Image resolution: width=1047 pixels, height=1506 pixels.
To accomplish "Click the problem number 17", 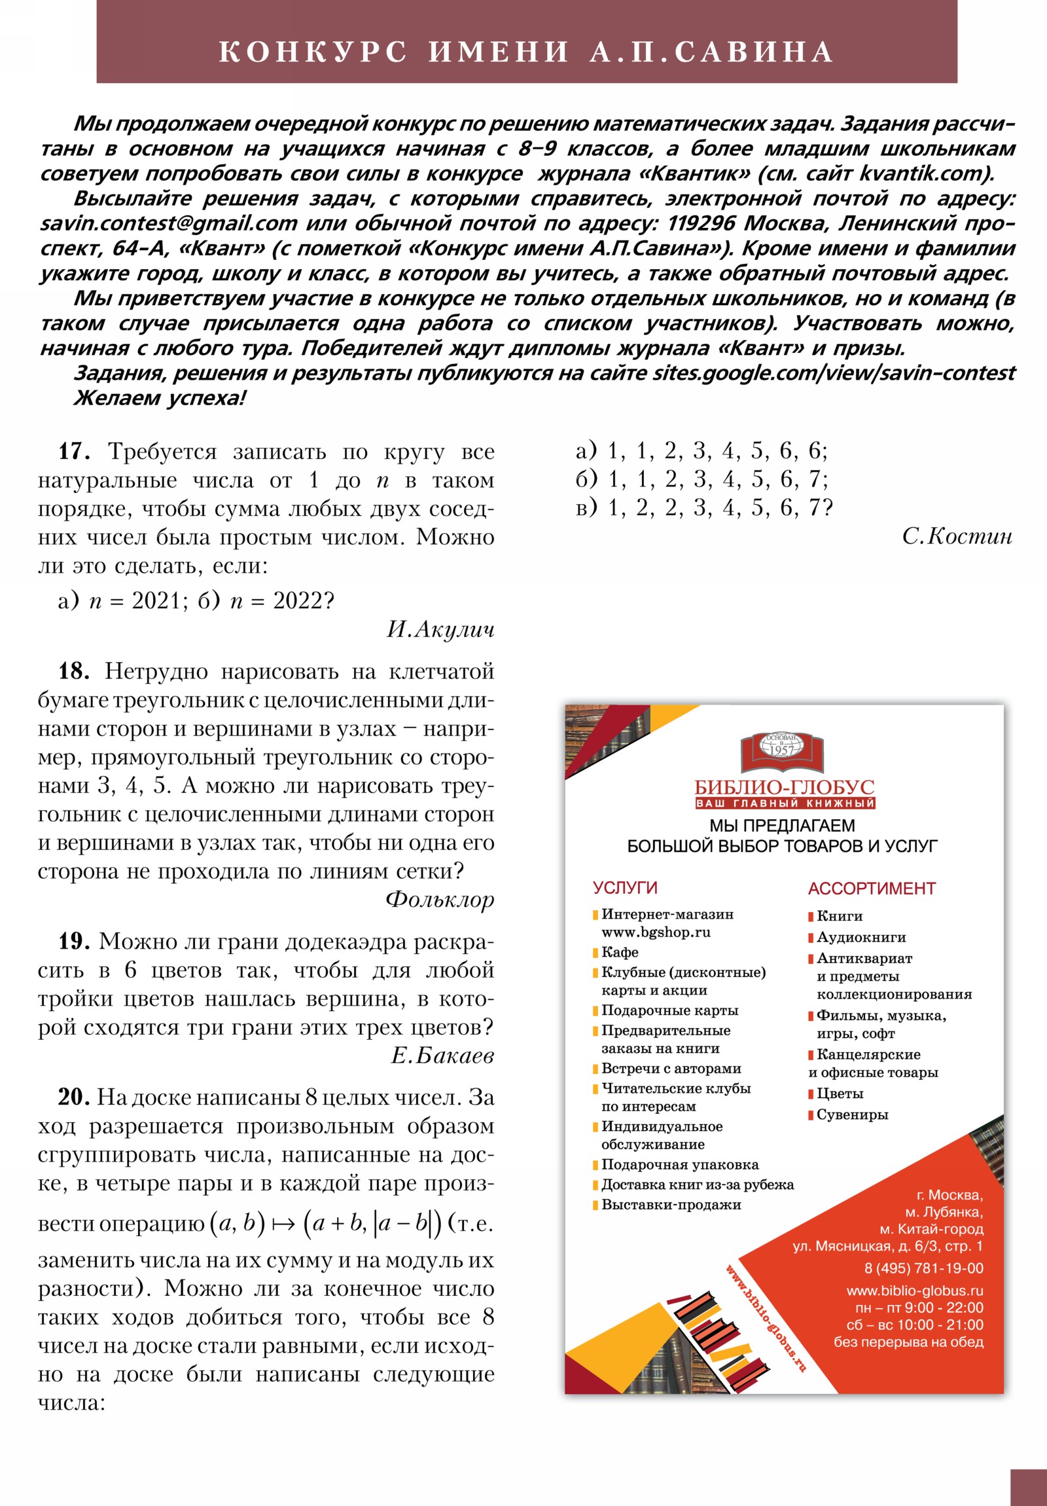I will (x=73, y=451).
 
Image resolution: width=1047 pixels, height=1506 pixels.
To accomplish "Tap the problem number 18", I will (x=73, y=671).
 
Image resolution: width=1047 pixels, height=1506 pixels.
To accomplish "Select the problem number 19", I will (x=73, y=942).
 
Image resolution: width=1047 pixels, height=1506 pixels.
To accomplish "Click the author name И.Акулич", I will (x=440, y=630).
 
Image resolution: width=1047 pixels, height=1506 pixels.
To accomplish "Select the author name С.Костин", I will (x=957, y=536).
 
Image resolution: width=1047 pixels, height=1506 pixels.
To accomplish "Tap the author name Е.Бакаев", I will (x=442, y=1056).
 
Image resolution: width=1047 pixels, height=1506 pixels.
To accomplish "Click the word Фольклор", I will (x=439, y=899).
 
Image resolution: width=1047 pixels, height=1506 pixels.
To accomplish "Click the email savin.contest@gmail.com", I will (x=168, y=224).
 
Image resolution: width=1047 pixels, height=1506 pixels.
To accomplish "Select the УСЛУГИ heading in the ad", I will (x=624, y=887).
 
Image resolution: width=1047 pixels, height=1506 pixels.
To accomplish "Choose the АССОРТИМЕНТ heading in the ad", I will (x=871, y=888).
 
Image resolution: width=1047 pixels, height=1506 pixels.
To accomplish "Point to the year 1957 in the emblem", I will (x=781, y=750).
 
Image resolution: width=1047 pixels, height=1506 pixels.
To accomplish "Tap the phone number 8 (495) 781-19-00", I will (x=923, y=1268).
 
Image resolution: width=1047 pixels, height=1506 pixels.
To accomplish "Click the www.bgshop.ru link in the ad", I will (x=656, y=932).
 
